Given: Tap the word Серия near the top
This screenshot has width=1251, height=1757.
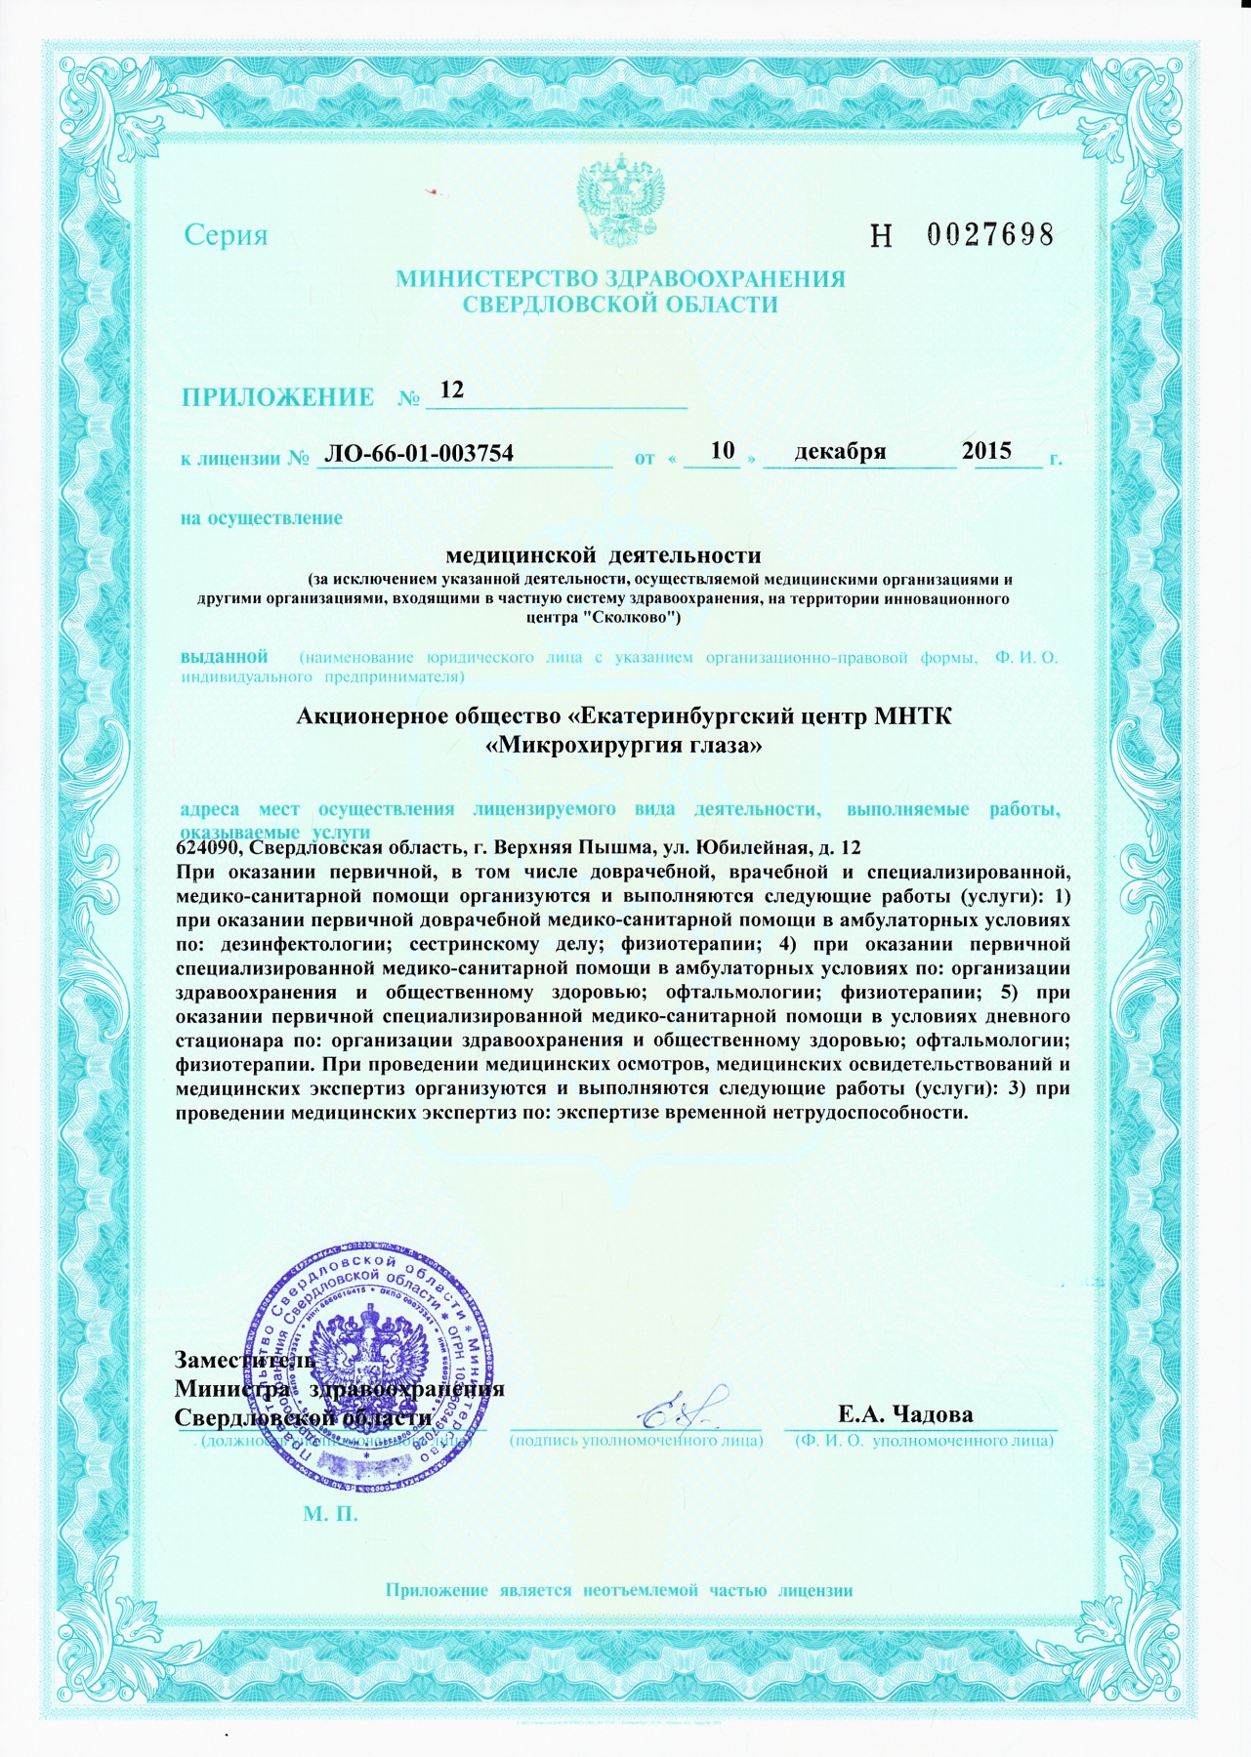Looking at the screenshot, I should coord(226,235).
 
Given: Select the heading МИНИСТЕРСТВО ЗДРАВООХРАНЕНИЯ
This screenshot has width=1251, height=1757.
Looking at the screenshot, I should coord(620,279).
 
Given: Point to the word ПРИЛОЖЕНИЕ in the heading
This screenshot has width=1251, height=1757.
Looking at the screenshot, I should coord(277,397).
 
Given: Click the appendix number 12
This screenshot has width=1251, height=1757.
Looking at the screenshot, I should coord(452,389).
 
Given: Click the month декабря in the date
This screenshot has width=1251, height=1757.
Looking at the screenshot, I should coord(840,451).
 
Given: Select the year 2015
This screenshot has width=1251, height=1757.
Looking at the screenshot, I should coord(986,451).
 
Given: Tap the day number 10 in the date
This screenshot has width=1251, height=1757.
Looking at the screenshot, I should coord(723,450).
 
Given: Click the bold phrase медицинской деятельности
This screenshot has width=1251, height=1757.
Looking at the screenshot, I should coord(603,555).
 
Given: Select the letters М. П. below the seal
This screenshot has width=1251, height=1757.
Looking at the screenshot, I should coord(331,1515).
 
